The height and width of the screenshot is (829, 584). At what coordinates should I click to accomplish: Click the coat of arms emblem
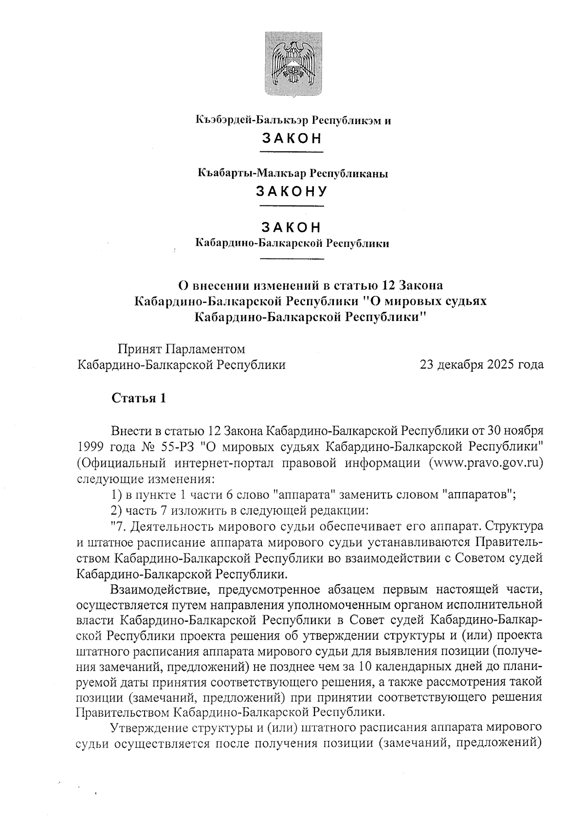click(x=292, y=63)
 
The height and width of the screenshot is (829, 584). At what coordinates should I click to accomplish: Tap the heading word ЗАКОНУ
click(x=292, y=191)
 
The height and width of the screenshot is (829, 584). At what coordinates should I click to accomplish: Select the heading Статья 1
click(x=139, y=398)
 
